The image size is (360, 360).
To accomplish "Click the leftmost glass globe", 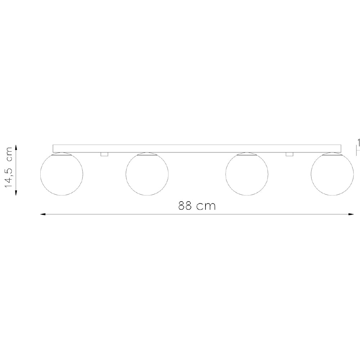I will (x=62, y=174).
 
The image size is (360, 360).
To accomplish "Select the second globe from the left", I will (x=147, y=174).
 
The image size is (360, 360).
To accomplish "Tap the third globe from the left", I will (x=247, y=174).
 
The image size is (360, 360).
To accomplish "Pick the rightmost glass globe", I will (x=332, y=174).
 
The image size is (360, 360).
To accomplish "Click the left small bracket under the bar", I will (x=104, y=154).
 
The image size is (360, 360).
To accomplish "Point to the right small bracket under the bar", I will (x=289, y=154).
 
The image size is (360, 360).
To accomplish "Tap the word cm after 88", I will (x=208, y=207).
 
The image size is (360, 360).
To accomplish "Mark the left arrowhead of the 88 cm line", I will (x=42, y=215).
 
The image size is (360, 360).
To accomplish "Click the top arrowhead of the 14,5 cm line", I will (x=16, y=147).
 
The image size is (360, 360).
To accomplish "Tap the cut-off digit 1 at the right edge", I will (x=359, y=141).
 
